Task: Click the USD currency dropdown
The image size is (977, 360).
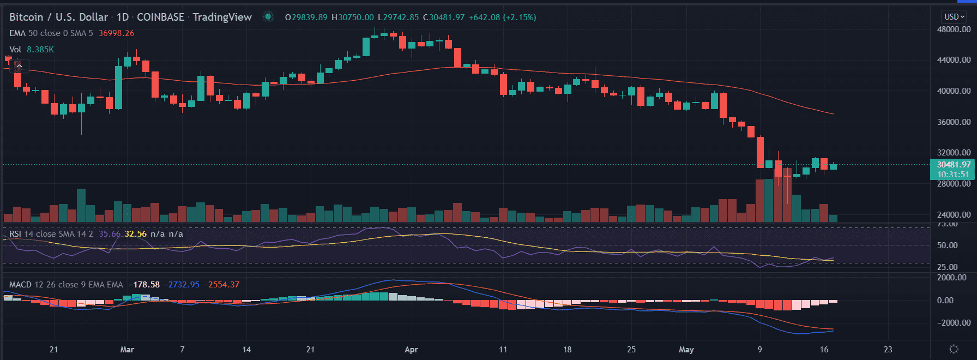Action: (x=954, y=17)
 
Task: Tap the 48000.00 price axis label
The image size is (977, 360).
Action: (x=954, y=29)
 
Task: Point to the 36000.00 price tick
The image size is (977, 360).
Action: (x=954, y=122)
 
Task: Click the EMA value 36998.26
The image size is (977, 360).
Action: (x=116, y=33)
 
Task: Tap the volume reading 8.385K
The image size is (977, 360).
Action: (x=40, y=50)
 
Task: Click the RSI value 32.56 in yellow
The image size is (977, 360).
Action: (x=136, y=234)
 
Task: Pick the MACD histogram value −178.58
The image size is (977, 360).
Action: (x=144, y=285)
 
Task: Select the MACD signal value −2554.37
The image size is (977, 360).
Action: (x=222, y=285)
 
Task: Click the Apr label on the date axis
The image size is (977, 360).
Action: (x=411, y=350)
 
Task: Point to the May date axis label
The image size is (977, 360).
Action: (x=686, y=350)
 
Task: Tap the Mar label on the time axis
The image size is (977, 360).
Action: (x=127, y=350)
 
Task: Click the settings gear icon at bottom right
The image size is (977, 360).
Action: (x=954, y=349)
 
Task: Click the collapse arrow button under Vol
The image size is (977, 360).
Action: (x=19, y=66)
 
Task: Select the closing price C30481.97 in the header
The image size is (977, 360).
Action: (x=444, y=17)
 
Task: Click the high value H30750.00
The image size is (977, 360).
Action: (x=353, y=17)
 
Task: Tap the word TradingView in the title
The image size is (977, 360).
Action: (x=222, y=17)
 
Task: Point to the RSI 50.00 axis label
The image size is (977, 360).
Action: (x=947, y=245)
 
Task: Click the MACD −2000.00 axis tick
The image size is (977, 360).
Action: (x=954, y=323)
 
